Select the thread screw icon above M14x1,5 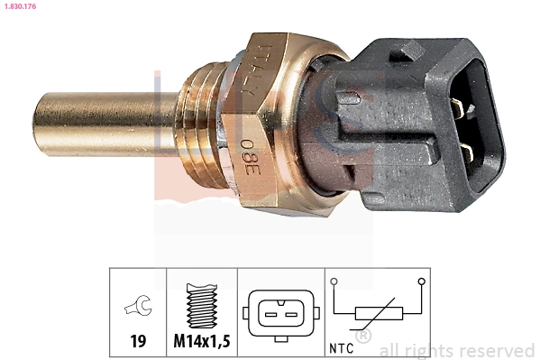click(x=202, y=307)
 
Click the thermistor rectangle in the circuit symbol click(x=379, y=315)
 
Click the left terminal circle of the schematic click(x=334, y=282)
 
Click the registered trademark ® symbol click(x=363, y=337)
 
